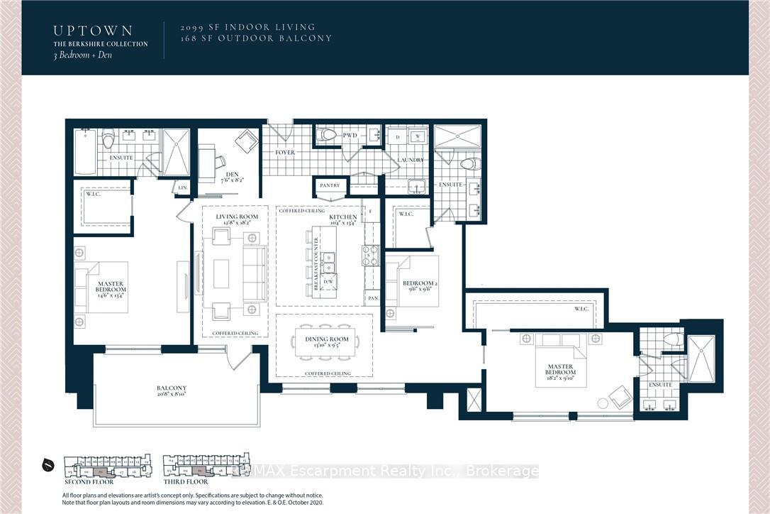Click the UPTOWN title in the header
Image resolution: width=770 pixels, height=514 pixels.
tap(93, 31)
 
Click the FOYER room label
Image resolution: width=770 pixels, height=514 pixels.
tap(285, 153)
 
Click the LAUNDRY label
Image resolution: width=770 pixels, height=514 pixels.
tap(410, 160)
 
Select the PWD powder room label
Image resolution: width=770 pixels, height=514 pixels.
tap(351, 135)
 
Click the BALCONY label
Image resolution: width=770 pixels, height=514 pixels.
tap(172, 388)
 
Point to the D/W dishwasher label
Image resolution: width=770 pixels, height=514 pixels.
tap(328, 281)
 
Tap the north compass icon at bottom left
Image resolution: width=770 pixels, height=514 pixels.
tap(48, 466)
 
